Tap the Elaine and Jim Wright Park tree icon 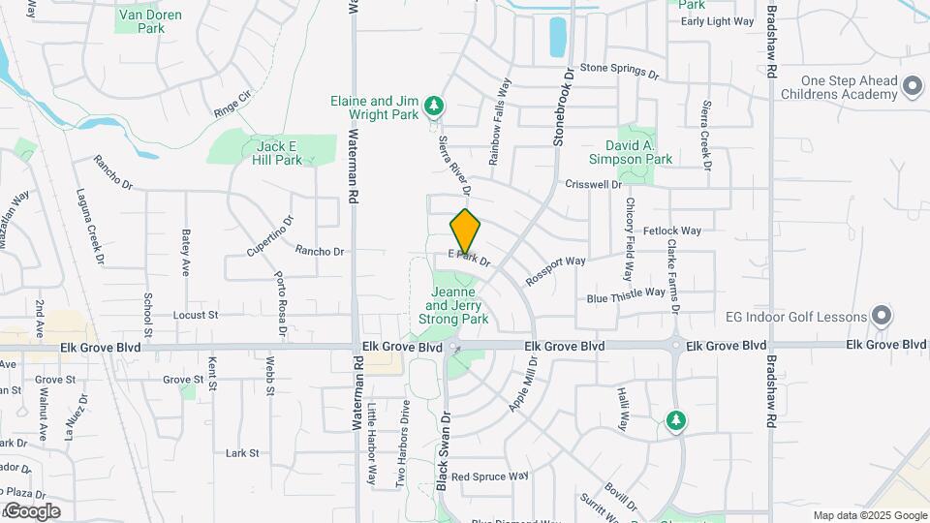[435, 105]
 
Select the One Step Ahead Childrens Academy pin [911, 88]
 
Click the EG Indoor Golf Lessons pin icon [881, 316]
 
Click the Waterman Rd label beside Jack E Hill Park [354, 166]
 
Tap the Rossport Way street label [556, 268]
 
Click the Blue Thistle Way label [626, 294]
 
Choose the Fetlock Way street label [670, 231]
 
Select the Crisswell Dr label [593, 184]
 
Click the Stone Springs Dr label [619, 71]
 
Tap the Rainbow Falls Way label [499, 121]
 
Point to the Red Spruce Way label [489, 477]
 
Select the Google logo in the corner [31, 511]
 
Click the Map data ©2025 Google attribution [869, 515]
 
